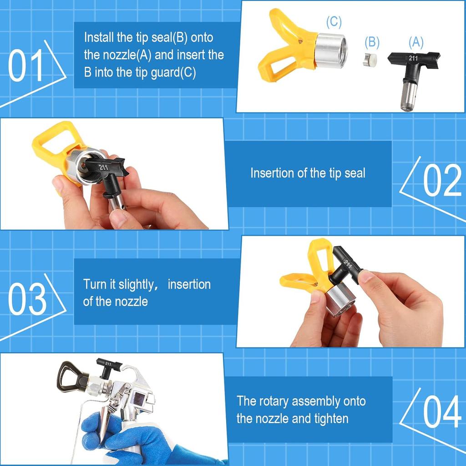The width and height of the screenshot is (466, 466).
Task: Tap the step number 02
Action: click(442, 180)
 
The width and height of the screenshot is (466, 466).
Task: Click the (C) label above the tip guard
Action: click(334, 22)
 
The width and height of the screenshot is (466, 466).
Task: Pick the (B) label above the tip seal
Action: click(372, 42)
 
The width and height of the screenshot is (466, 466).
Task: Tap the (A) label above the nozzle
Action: click(415, 42)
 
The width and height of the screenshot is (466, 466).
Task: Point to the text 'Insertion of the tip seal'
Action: click(308, 173)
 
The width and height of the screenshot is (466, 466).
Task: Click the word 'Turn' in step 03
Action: click(94, 284)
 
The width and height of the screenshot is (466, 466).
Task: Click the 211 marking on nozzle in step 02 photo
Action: click(103, 167)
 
